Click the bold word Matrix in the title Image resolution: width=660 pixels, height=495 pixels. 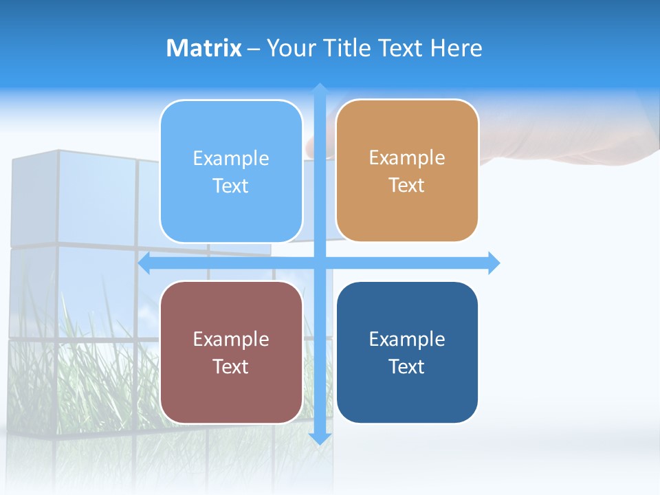tap(203, 48)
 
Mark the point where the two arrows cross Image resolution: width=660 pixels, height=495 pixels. tap(320, 263)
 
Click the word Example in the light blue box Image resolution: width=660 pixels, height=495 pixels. tap(231, 159)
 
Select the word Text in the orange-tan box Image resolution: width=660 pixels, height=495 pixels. tap(406, 186)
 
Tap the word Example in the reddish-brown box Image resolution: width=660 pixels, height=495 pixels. tap(231, 339)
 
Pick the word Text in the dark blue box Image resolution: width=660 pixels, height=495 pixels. tap(406, 366)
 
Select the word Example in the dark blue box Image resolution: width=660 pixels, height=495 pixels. tap(407, 339)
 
